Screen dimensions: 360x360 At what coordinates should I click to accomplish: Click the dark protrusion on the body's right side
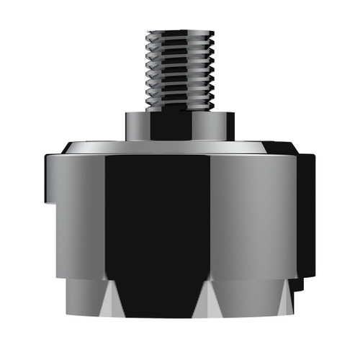pyautogui.click(x=306, y=209)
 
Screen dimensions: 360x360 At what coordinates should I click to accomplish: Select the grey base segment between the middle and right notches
pyautogui.click(x=248, y=299)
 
